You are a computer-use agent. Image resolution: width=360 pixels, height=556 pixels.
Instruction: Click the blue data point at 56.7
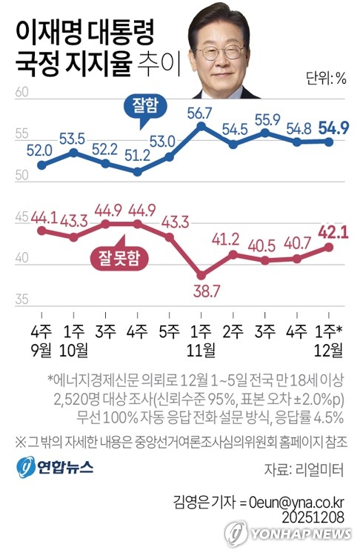201,126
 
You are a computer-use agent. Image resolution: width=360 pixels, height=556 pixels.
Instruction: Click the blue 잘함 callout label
139,106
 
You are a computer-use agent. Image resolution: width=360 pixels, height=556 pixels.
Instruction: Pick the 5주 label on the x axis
169,327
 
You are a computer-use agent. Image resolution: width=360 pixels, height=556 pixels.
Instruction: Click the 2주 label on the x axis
233,327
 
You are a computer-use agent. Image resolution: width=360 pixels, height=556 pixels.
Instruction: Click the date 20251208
314,512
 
